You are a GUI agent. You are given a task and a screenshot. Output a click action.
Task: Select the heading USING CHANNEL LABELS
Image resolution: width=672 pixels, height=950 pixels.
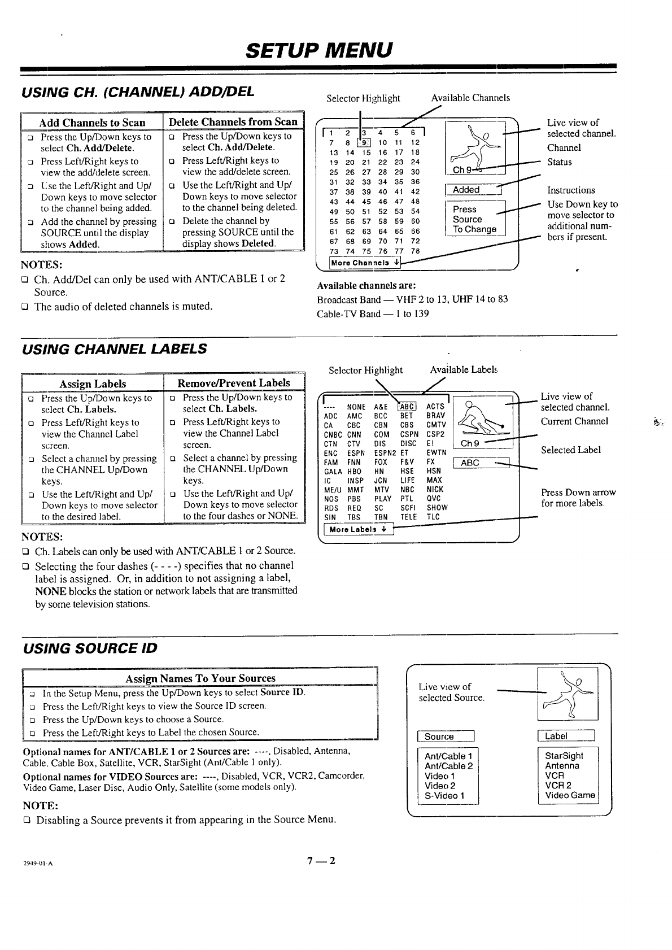[114, 348]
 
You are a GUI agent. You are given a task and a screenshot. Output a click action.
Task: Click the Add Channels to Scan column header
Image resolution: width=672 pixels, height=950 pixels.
[92, 123]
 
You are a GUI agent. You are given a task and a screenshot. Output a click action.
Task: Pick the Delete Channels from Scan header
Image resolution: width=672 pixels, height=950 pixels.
[233, 121]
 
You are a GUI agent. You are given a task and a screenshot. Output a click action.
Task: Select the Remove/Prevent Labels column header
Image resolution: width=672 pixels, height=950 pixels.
[234, 383]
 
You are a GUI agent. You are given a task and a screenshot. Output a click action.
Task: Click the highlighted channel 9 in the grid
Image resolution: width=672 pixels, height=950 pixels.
[367, 142]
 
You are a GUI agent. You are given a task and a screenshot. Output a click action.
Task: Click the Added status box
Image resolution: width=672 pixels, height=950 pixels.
[473, 190]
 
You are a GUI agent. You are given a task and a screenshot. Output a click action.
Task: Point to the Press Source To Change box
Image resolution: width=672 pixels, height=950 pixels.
[475, 219]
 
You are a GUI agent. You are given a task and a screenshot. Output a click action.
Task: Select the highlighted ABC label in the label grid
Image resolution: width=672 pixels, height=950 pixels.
[407, 406]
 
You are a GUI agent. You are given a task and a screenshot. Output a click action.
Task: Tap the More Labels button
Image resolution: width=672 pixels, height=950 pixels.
[358, 530]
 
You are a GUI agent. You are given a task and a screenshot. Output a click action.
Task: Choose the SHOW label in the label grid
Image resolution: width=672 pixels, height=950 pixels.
[437, 507]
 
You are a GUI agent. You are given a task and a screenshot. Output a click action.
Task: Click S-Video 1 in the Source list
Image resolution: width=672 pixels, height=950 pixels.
[444, 796]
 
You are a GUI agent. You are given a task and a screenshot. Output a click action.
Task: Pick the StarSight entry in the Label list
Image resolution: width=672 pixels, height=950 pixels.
[564, 756]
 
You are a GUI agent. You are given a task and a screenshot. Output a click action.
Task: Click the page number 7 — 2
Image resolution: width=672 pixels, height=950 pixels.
[321, 861]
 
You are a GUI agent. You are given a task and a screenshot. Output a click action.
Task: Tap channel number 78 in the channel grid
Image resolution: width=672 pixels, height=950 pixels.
[415, 251]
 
